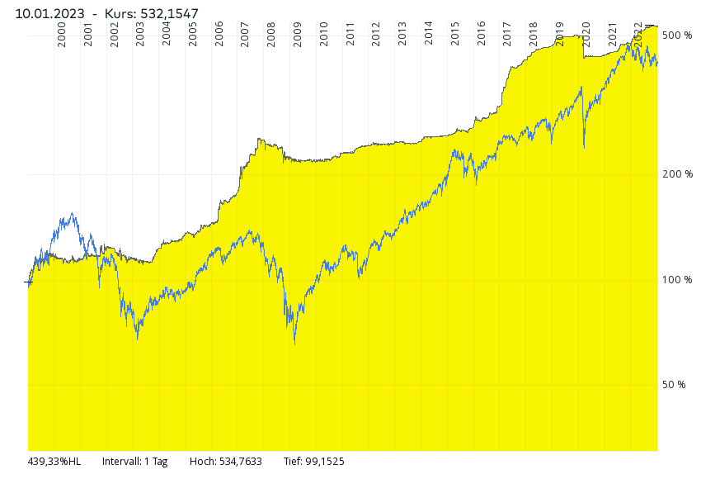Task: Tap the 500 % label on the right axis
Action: [x=677, y=36]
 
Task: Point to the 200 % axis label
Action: [x=677, y=174]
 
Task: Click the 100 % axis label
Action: [x=677, y=280]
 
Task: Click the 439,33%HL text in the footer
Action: [x=54, y=462]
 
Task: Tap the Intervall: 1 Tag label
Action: [x=134, y=462]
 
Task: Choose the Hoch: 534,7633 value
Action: [x=225, y=462]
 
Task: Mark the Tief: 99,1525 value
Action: [x=313, y=462]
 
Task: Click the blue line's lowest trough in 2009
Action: [x=294, y=343]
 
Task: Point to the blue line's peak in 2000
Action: [x=73, y=214]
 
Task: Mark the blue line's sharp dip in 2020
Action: [x=584, y=147]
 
